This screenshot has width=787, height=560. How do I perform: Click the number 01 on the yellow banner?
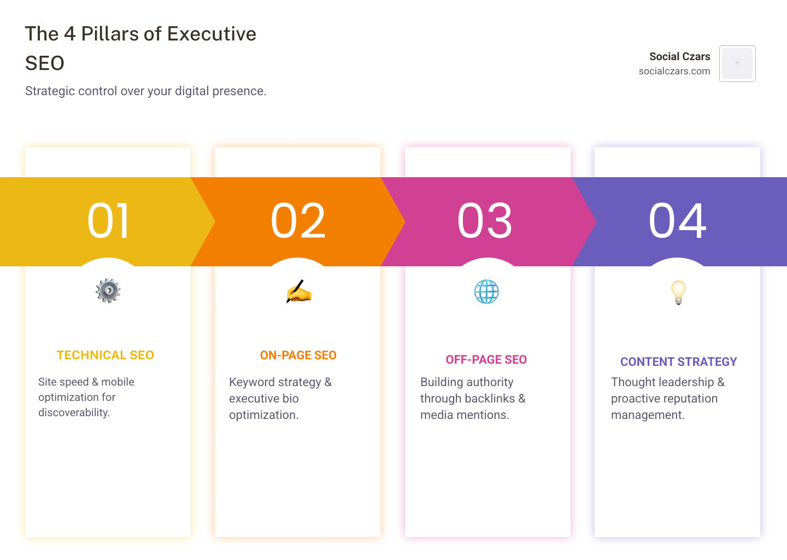[109, 221]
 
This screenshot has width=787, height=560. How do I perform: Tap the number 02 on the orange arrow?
[298, 221]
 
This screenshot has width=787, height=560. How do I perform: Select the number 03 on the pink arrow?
[485, 221]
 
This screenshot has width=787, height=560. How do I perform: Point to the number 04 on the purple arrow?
[678, 221]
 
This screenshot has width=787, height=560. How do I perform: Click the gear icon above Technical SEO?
[108, 290]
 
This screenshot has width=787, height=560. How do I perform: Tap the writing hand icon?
[298, 291]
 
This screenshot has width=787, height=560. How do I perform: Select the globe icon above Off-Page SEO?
[486, 291]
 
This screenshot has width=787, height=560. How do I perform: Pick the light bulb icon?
[678, 292]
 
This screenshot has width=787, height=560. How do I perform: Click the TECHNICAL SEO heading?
[105, 355]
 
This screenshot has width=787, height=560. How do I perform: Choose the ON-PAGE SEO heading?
[298, 355]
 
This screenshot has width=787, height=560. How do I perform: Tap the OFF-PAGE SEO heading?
[486, 360]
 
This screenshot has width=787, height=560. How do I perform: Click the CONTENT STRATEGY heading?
[679, 362]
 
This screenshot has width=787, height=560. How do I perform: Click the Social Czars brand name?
[679, 56]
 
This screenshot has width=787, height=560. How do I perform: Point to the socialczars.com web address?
[674, 71]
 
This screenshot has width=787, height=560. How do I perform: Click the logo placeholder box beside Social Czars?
[737, 63]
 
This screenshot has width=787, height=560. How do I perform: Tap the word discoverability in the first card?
[74, 413]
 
